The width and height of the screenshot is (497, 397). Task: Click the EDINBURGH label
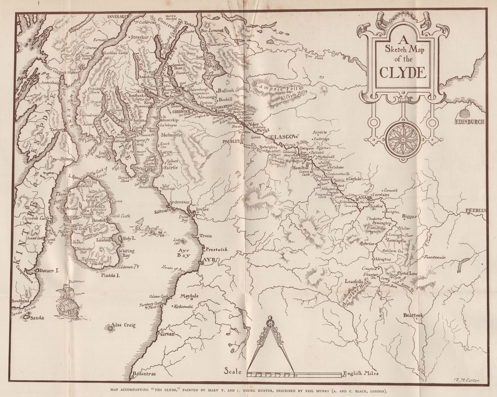pyautogui.click(x=469, y=122)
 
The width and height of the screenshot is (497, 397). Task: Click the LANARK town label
pyautogui.click(x=365, y=197)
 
